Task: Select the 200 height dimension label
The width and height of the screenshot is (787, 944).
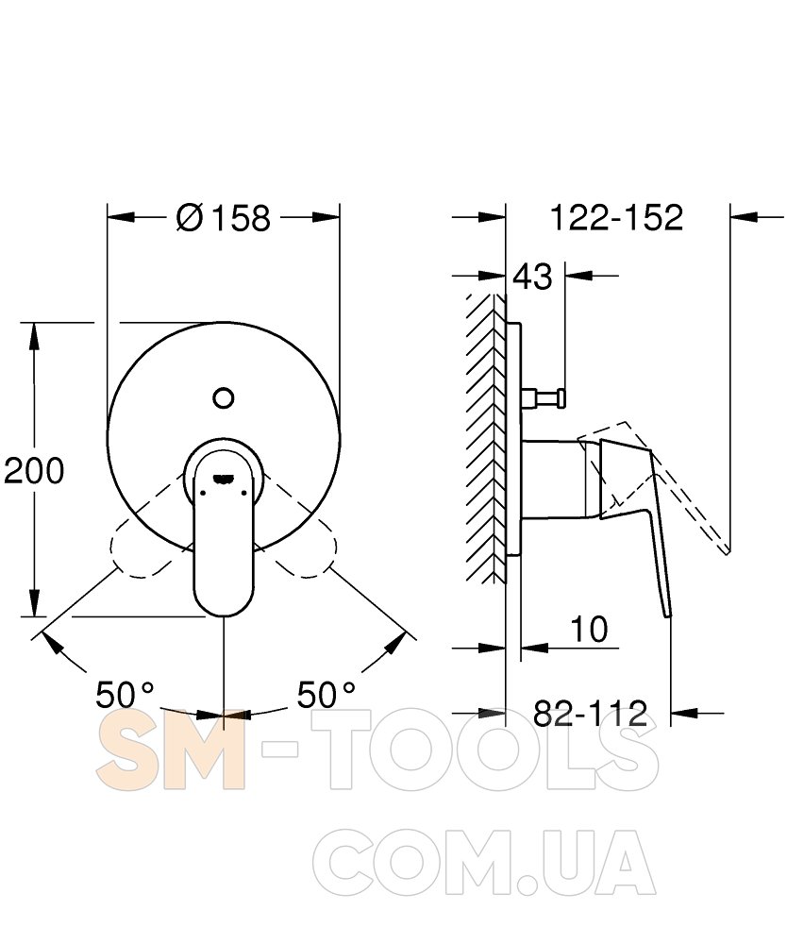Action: (34, 470)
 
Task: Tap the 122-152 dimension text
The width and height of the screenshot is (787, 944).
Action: (617, 217)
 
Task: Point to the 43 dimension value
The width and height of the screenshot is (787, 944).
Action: (532, 277)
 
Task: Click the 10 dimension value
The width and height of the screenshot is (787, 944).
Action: (589, 629)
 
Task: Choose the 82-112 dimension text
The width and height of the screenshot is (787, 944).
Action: (591, 714)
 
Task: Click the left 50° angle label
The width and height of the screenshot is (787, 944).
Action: (126, 696)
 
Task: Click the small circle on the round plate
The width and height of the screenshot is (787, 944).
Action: (224, 398)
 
